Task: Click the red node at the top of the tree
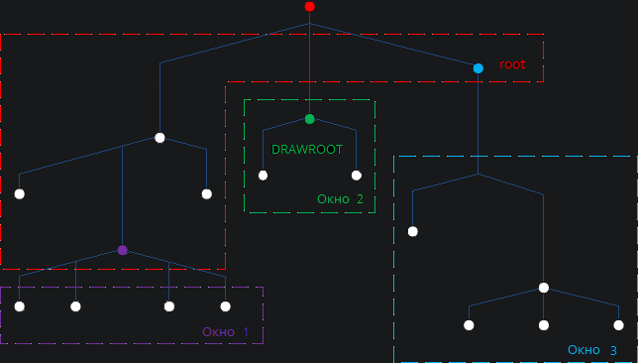point(310,7)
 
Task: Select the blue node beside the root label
point(478,68)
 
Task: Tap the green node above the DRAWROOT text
point(310,119)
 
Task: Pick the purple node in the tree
point(123,250)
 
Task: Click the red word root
point(512,64)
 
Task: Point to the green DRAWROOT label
point(307,149)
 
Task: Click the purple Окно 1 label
point(225,331)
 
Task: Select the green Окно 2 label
point(340,199)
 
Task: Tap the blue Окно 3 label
point(592,350)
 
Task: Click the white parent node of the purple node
point(159,138)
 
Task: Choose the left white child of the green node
point(264,176)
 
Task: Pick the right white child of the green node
point(357,176)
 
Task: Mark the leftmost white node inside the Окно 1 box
point(20,306)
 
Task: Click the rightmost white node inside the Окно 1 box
point(226,306)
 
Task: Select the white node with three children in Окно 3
point(544,288)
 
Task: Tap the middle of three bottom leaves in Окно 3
point(544,325)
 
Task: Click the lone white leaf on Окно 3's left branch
point(413,232)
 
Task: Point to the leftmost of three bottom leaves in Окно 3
point(470,325)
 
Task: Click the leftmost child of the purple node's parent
point(20,194)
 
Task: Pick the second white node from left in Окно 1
point(75,306)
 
